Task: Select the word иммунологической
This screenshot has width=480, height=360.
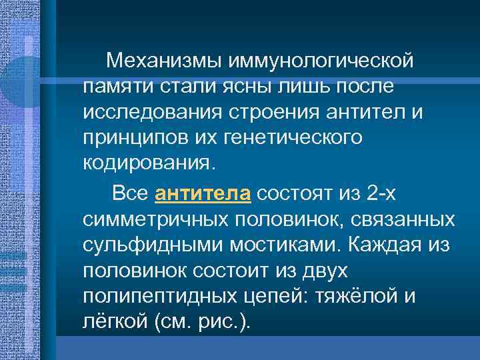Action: coord(322,62)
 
